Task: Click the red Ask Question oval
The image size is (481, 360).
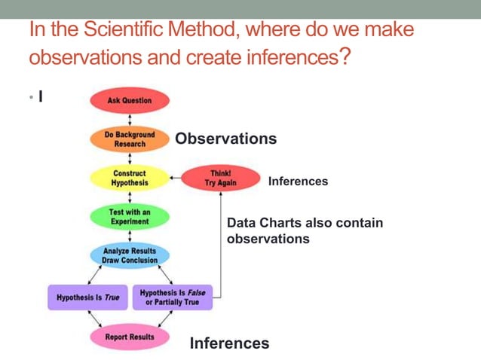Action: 130,101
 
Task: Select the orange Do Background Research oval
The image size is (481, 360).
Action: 130,139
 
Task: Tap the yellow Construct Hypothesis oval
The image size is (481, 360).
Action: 130,178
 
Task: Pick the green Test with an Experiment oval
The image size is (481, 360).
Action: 130,217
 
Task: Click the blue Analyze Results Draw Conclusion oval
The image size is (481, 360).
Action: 130,255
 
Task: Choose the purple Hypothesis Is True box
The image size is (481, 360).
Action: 84,297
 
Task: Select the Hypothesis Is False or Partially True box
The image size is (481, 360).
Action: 172,297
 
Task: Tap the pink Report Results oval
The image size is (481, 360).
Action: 130,337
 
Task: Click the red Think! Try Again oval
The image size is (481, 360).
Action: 220,178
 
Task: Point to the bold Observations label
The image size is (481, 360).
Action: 225,139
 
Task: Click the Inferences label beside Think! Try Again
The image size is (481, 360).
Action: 298,182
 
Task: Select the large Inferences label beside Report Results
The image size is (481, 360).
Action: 229,343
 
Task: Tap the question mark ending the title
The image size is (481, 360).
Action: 345,57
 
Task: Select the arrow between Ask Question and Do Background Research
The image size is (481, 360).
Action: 130,120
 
